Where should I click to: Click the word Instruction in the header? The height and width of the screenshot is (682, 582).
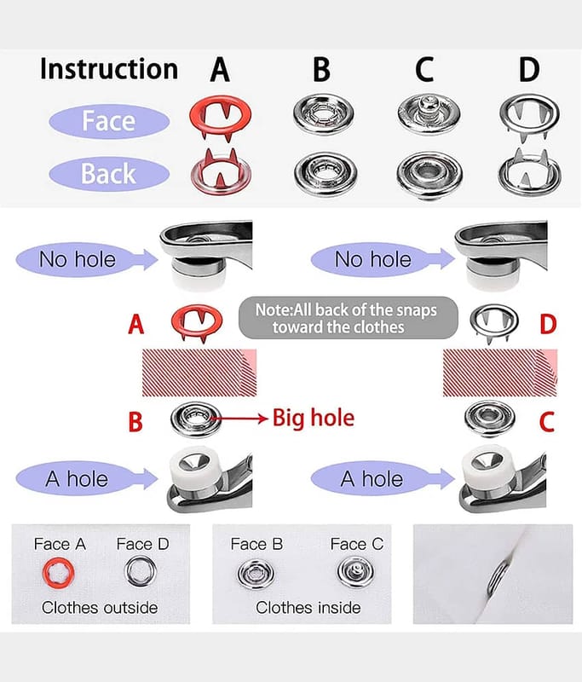click(109, 69)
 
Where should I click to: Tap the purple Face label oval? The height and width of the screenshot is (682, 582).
click(109, 121)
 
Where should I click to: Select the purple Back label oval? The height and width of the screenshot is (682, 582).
click(109, 174)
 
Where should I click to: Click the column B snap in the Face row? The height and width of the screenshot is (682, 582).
click(324, 114)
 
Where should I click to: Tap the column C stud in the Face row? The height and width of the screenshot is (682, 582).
click(429, 114)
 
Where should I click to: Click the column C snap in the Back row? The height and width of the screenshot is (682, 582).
click(429, 174)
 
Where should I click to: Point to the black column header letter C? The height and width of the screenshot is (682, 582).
click(424, 70)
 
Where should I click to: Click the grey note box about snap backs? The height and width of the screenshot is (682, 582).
click(349, 318)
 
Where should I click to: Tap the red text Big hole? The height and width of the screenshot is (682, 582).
click(314, 418)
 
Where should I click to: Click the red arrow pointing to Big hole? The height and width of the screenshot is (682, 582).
click(239, 419)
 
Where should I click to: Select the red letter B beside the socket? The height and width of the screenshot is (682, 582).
click(135, 421)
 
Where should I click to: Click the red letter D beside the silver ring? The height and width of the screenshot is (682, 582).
click(548, 324)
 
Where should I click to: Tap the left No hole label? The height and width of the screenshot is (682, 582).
click(78, 260)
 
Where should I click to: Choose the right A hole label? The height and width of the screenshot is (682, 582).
click(372, 479)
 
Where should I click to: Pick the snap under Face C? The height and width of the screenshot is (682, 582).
click(355, 571)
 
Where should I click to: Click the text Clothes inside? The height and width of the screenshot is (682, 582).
click(308, 608)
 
